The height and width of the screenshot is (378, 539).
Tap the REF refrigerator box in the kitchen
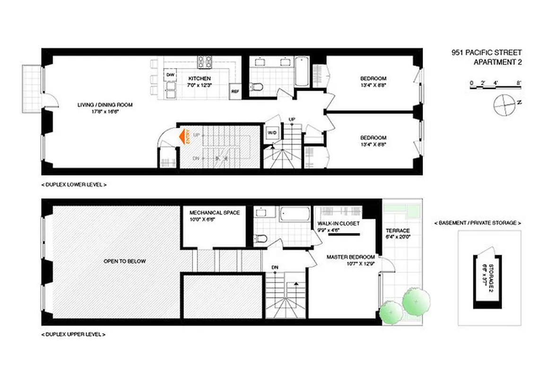[x=235, y=92]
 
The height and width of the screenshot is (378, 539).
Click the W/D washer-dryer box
[x=272, y=133]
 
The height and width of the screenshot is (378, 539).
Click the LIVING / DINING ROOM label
[x=105, y=105]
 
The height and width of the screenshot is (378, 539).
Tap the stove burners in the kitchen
[x=205, y=61]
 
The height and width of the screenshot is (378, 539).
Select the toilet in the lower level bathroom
[x=257, y=86]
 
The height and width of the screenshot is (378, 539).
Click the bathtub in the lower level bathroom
[x=302, y=71]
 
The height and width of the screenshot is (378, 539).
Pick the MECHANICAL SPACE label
[x=214, y=213]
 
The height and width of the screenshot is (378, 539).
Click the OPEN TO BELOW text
[x=125, y=261]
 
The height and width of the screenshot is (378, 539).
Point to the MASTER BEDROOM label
[x=351, y=257]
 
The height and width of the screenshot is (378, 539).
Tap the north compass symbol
[x=504, y=105]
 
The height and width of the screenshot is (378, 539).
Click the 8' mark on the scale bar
[x=519, y=83]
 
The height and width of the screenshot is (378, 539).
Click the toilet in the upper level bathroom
[x=261, y=238]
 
